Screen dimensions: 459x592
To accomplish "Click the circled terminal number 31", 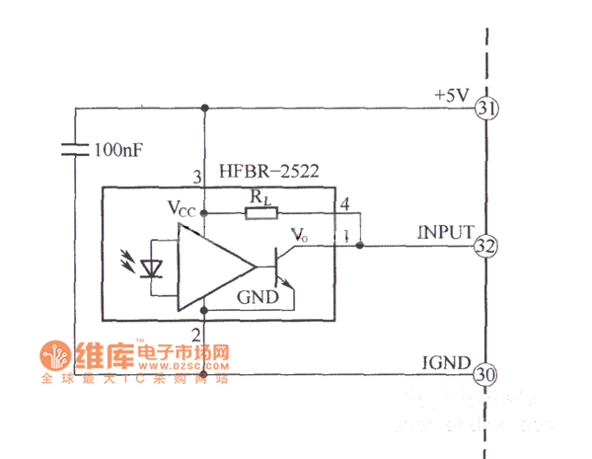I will [484, 108].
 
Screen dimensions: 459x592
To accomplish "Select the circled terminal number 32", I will [484, 246].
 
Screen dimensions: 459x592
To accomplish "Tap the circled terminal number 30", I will [484, 374].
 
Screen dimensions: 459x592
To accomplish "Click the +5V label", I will [452, 96].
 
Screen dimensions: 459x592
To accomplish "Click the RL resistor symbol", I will [260, 212].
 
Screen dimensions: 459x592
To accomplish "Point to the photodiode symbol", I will [150, 267].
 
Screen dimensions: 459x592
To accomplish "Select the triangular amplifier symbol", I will [212, 267].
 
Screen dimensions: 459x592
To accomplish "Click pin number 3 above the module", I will [196, 177].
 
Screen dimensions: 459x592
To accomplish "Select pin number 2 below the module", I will [196, 335].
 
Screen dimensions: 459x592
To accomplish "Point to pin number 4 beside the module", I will [344, 204].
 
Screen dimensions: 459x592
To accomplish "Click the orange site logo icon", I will [53, 355].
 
